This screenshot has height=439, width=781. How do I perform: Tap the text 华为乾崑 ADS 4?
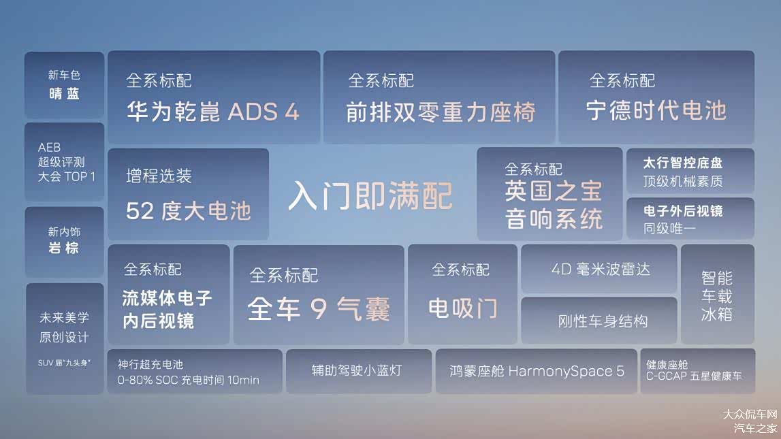[x=212, y=112]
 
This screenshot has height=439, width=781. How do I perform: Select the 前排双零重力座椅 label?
[x=440, y=112]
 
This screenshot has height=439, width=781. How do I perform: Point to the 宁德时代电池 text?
[x=656, y=111]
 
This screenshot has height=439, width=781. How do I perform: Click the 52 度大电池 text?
[x=189, y=211]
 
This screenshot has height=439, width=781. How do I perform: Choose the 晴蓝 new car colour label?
[x=64, y=94]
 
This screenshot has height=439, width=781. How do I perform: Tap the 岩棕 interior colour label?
[x=64, y=248]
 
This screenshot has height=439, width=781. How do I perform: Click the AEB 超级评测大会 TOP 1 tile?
[x=65, y=162]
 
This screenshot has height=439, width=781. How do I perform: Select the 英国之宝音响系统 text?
[x=554, y=205]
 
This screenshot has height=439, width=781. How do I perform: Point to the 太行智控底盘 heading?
[x=682, y=163]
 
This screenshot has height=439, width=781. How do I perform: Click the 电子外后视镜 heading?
[x=683, y=211]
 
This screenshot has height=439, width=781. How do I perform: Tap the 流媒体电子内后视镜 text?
[x=168, y=309]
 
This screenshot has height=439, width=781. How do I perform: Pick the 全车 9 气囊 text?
[x=319, y=310]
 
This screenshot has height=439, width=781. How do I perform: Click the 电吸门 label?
[x=462, y=308]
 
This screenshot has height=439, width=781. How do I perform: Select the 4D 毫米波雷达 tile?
[x=600, y=269]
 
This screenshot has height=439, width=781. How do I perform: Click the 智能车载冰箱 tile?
[x=717, y=296]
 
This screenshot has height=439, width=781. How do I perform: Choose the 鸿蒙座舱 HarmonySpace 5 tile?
[x=537, y=371]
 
